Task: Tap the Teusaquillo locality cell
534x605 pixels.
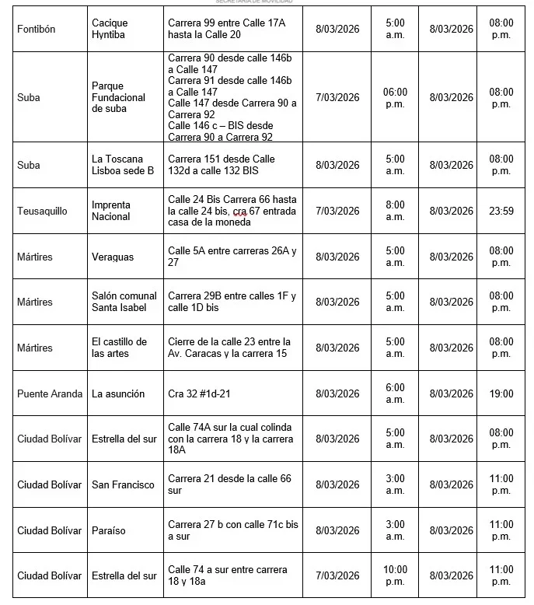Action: (42, 211)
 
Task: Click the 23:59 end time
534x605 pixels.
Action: (501, 211)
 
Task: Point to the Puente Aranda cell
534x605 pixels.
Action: (50, 393)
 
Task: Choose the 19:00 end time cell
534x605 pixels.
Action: (501, 393)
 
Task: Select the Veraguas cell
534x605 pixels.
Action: (113, 257)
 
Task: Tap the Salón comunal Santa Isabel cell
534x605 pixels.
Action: (124, 302)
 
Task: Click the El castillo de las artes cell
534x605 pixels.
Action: (119, 348)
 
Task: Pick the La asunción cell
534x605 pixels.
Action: (118, 393)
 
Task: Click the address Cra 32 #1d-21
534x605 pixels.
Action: (199, 393)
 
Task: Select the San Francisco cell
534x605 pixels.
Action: (123, 484)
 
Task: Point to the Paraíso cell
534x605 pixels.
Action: (109, 530)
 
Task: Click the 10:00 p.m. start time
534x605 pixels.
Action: (395, 575)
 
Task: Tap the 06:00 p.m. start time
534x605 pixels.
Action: (395, 97)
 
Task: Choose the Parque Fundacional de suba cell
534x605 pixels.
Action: (118, 97)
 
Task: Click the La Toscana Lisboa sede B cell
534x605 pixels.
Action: (123, 165)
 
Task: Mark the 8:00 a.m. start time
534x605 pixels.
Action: (395, 211)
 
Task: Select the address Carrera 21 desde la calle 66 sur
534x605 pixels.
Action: (229, 484)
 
